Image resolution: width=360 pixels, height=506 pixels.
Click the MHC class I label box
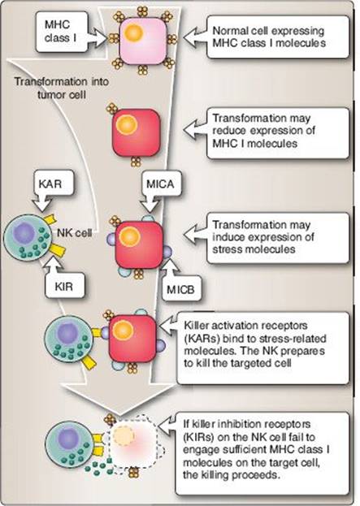point(62,32)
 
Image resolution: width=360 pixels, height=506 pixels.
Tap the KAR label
point(50,184)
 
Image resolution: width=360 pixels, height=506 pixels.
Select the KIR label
point(64,286)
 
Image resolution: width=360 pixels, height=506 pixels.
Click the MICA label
point(160,184)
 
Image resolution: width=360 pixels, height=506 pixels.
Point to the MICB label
point(180,289)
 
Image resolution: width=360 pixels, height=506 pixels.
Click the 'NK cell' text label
point(75,232)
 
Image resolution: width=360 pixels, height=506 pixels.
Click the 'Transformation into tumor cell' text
point(61,88)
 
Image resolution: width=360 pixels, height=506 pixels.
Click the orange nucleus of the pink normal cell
point(133,32)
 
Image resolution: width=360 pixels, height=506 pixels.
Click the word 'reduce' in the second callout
point(229,131)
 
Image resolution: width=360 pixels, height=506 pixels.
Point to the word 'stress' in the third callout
point(227,249)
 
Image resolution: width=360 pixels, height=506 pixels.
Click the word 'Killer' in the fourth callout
point(197,325)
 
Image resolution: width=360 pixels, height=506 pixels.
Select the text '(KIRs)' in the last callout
point(198,437)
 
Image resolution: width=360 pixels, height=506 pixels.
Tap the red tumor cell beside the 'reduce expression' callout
point(136,132)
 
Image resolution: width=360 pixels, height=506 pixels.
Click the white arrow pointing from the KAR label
point(43,203)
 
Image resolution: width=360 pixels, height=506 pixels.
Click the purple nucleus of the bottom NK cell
point(69,439)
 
